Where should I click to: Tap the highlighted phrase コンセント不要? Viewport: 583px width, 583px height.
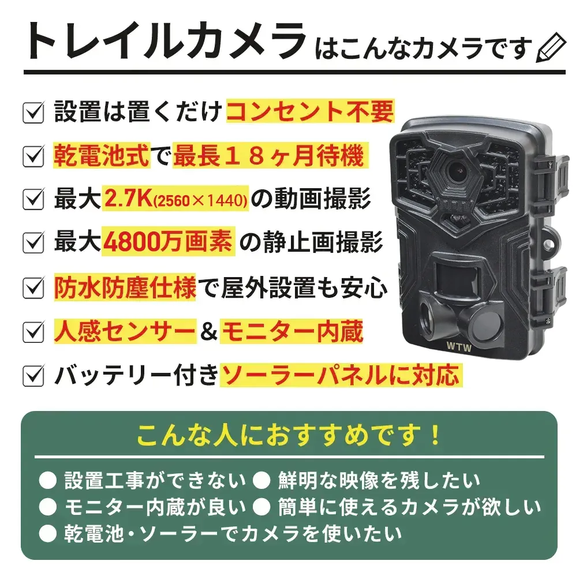tap(310, 111)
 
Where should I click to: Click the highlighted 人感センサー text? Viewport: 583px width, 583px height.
tap(125, 332)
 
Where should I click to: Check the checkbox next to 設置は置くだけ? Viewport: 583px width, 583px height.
tap(33, 112)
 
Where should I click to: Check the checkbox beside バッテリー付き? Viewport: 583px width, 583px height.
tap(33, 376)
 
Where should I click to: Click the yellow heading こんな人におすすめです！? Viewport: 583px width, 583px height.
tap(289, 436)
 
